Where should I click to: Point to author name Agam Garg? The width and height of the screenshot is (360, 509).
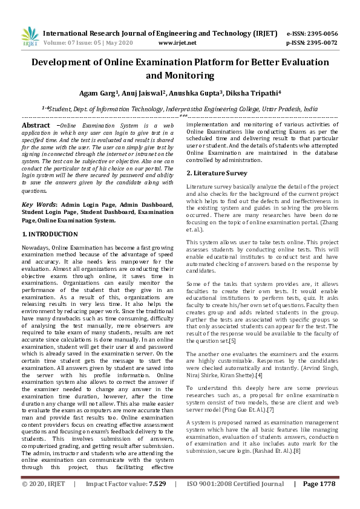pyautogui.click(x=99, y=94)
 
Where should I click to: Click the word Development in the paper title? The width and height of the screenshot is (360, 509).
pyautogui.click(x=64, y=62)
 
